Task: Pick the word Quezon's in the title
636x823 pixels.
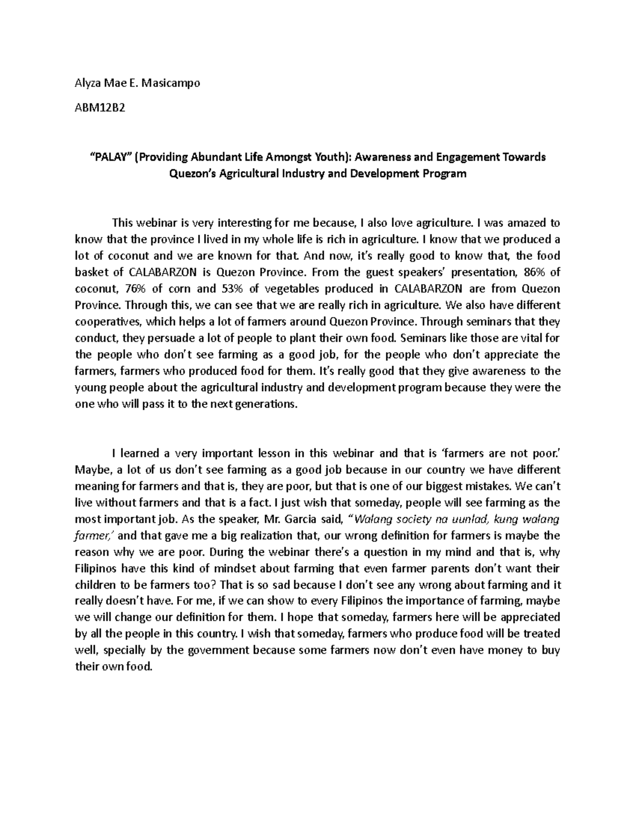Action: point(192,173)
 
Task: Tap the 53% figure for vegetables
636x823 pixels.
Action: point(229,289)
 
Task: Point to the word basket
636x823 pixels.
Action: point(91,272)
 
